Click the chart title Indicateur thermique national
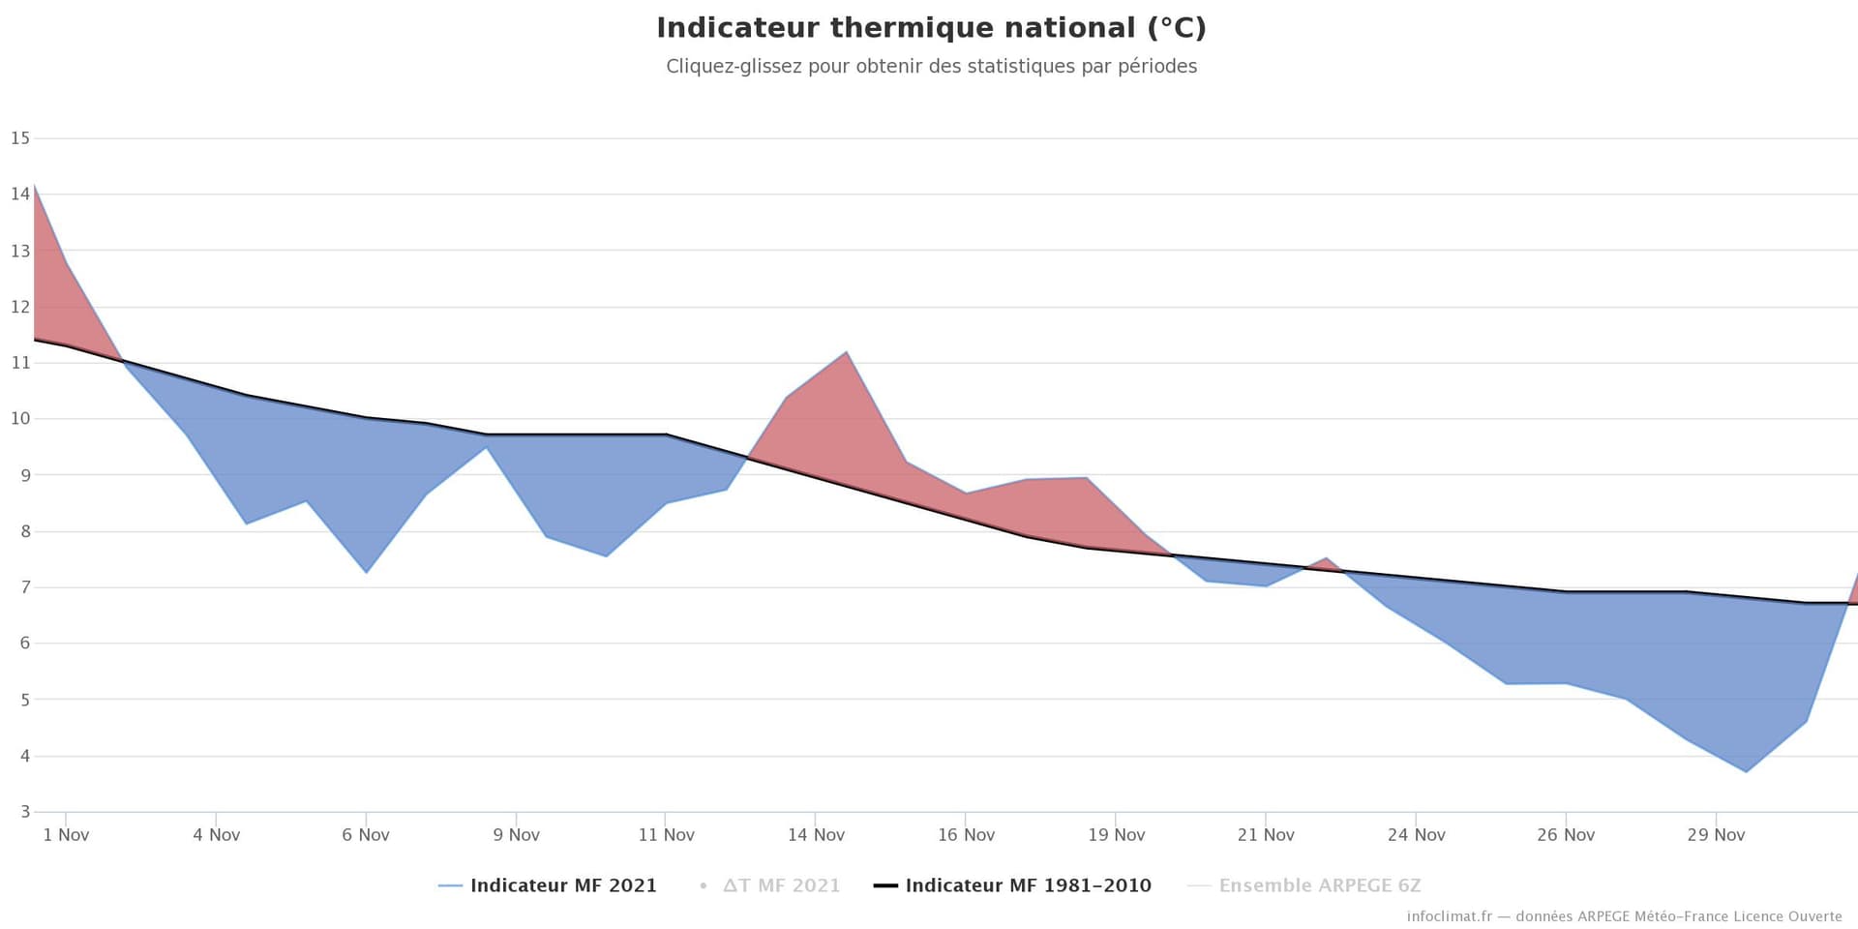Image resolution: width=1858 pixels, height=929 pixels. (x=931, y=28)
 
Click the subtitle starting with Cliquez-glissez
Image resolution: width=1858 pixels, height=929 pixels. (x=931, y=67)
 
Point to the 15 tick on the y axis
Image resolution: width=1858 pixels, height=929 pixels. (x=20, y=138)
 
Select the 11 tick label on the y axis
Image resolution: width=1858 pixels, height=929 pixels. (x=20, y=363)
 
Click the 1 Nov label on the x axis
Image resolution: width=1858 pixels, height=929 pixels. (x=66, y=835)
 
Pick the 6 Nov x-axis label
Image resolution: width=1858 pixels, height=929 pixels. (x=366, y=835)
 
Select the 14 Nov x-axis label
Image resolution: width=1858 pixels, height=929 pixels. (x=816, y=835)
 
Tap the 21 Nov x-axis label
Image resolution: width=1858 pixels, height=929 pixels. (x=1266, y=835)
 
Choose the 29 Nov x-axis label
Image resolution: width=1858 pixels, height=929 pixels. (x=1716, y=835)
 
